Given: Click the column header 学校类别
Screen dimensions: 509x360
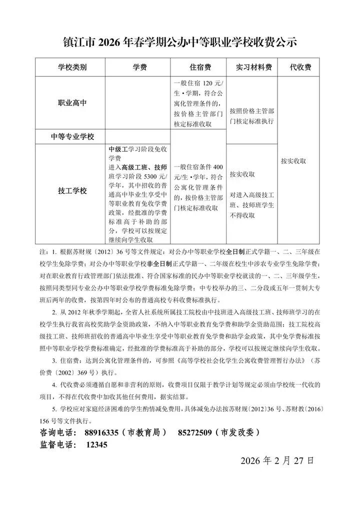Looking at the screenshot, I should (72, 67).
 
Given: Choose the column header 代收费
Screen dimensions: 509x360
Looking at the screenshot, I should (301, 67).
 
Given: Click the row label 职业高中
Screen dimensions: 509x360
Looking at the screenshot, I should (72, 102).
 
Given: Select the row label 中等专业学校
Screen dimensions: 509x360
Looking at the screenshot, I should (72, 136).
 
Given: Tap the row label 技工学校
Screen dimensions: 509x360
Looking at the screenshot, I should (72, 190).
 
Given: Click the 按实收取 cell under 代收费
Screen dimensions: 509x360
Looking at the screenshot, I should (293, 161).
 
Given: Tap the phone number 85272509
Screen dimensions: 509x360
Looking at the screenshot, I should (194, 432).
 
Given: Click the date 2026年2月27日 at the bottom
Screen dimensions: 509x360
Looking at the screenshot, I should (277, 460).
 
